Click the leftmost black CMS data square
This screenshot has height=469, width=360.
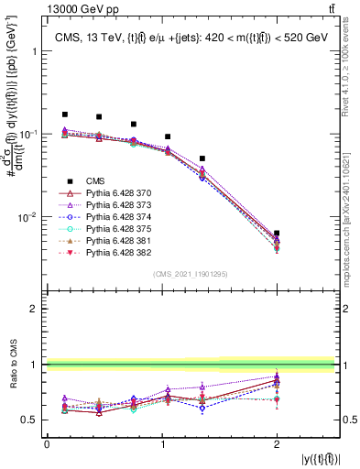65,115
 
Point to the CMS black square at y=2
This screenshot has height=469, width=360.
277,234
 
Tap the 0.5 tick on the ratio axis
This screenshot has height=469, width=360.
33,420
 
